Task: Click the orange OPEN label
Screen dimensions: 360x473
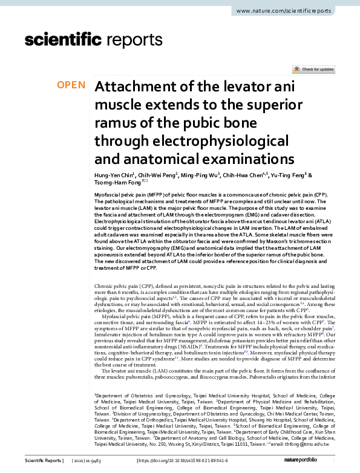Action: pyautogui.click(x=71, y=85)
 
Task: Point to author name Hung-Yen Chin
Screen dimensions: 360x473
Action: pyautogui.click(x=114, y=175)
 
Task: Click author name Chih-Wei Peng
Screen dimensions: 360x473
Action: pyautogui.click(x=156, y=175)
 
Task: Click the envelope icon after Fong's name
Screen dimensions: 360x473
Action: pyautogui.click(x=145, y=182)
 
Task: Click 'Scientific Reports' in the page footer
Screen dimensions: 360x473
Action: pyautogui.click(x=43, y=461)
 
